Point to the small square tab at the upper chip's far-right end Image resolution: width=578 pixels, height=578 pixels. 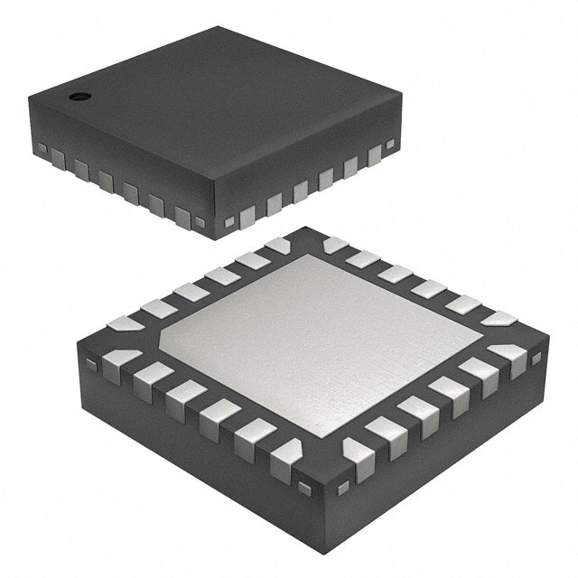click(x=390, y=144)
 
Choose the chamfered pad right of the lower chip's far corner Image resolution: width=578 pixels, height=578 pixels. click(x=335, y=245)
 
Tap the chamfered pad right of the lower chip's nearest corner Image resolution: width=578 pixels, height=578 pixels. click(x=352, y=452)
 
